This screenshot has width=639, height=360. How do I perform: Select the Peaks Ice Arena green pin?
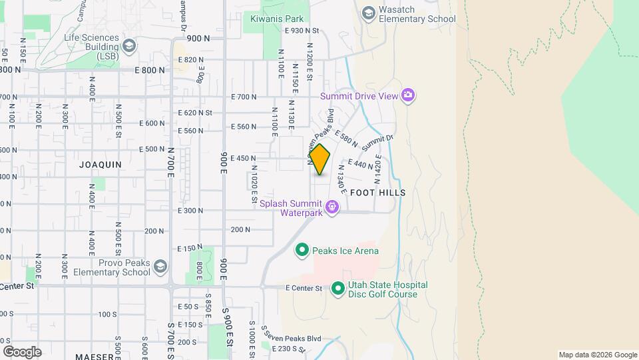pos(302,251)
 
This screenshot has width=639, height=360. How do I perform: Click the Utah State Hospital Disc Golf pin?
pos(337,289)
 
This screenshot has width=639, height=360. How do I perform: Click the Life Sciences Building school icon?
pos(128,45)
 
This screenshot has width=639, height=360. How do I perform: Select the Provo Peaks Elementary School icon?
pos(160,267)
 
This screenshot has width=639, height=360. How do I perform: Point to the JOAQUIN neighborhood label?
pos(100,164)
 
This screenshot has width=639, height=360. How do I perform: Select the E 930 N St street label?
pos(302,31)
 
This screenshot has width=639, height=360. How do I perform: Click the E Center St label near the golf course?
pos(304,289)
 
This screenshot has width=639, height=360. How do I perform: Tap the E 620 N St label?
pos(196,113)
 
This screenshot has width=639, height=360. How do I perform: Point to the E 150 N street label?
pos(190,248)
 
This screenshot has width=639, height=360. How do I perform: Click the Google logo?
pos(22,351)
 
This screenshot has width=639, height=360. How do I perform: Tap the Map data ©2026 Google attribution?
pos(597,355)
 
